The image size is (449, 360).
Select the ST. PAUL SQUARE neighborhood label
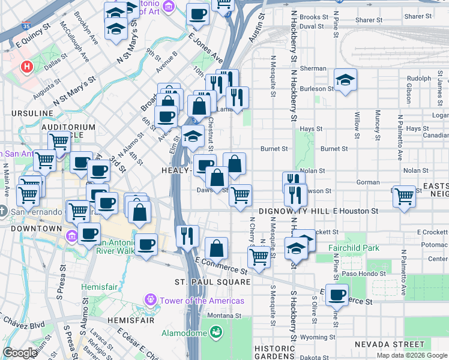pos(204,282)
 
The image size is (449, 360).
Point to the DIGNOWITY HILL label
pos(294,211)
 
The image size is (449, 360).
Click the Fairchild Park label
pos(354,247)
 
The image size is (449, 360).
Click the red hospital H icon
pos(27,66)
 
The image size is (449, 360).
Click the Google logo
pos(20,353)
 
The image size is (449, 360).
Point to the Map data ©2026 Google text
pos(412,355)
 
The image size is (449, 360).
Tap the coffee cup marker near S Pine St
pos(338,295)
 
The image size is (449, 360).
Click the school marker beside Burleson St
pos(345,80)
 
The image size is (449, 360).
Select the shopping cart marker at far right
pos(405,195)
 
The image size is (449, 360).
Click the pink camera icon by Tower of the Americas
pos(149,299)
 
